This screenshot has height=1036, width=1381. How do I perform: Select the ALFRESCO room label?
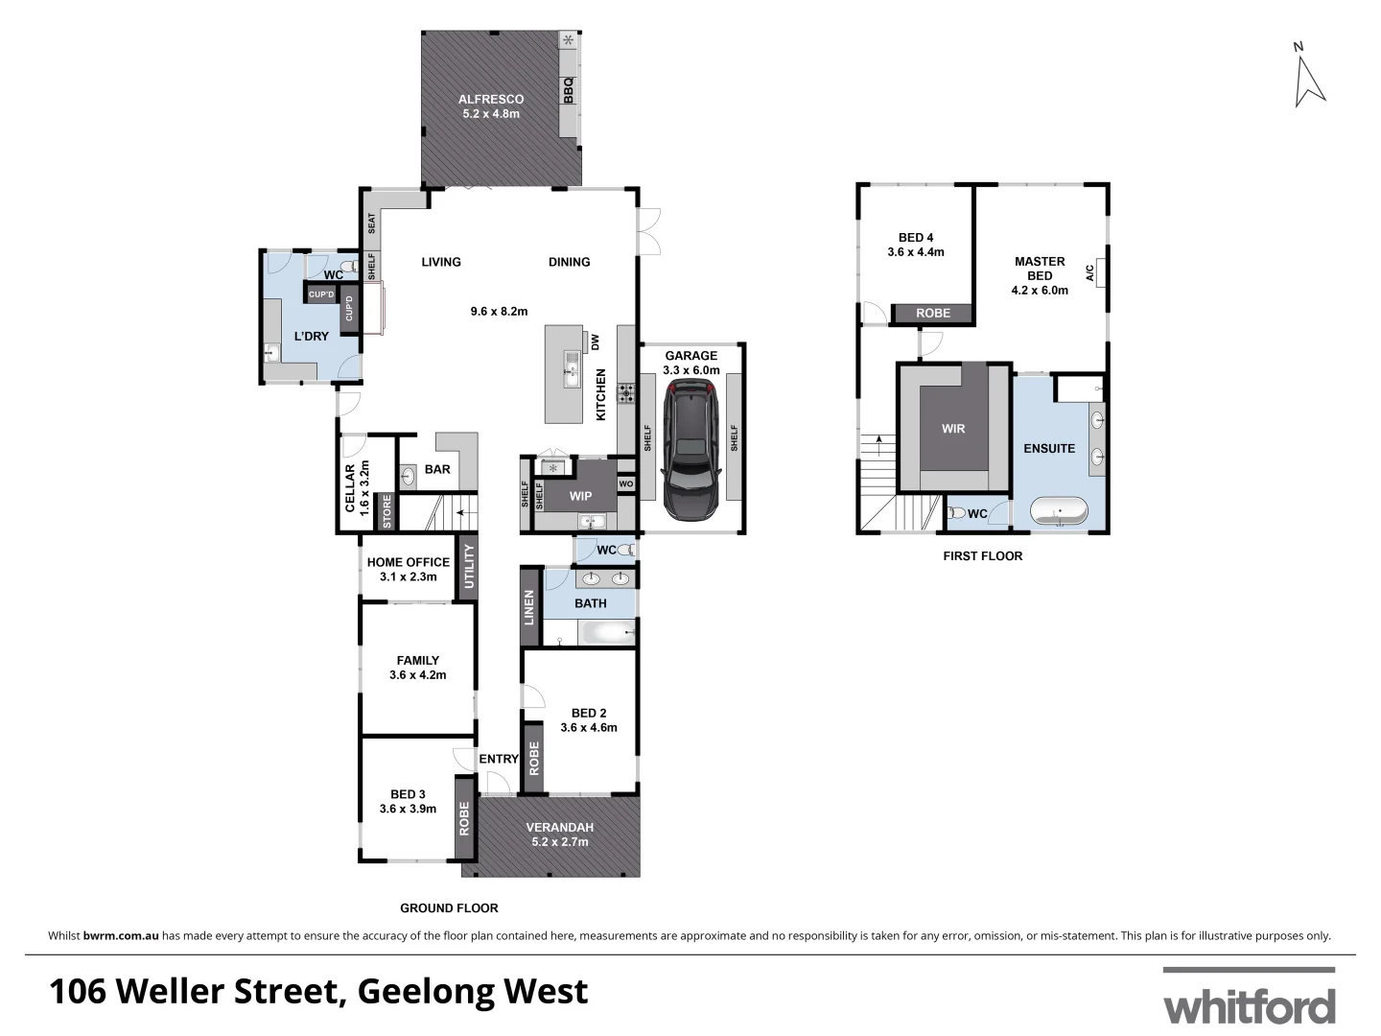pyautogui.click(x=490, y=99)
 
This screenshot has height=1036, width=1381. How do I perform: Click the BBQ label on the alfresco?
pyautogui.click(x=568, y=90)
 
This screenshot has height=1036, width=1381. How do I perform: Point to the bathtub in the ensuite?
pyautogui.click(x=1060, y=510)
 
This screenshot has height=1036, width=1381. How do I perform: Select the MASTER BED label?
pyautogui.click(x=1040, y=268)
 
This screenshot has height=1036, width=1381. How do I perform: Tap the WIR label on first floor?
pyautogui.click(x=952, y=429)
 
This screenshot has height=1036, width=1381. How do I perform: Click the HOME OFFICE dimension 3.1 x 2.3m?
pyautogui.click(x=408, y=577)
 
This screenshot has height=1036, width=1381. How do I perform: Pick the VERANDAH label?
pyautogui.click(x=560, y=827)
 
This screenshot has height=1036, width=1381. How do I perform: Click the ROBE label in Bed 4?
pyautogui.click(x=932, y=314)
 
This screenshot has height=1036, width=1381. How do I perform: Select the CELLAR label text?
pyautogui.click(x=350, y=489)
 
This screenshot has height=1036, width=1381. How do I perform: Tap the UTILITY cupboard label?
pyautogui.click(x=469, y=566)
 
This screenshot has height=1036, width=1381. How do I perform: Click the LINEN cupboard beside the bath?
pyautogui.click(x=528, y=607)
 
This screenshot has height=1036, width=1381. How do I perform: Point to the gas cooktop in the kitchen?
pyautogui.click(x=625, y=391)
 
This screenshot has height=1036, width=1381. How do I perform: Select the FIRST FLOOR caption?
pyautogui.click(x=982, y=555)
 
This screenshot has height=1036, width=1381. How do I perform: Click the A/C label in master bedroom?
pyautogui.click(x=1088, y=272)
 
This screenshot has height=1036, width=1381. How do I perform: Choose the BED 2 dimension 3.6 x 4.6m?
pyautogui.click(x=588, y=727)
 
